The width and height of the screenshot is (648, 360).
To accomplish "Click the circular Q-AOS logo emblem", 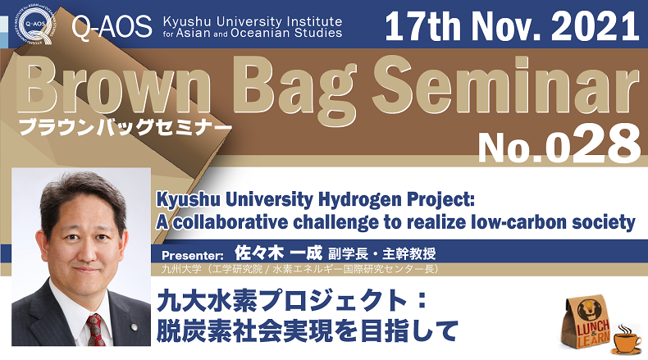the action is [35, 25].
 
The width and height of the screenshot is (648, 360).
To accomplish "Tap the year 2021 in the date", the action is [596, 26].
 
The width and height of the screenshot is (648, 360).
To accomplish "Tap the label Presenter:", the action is [193, 255].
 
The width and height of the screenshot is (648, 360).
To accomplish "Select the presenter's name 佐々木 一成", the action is [278, 253].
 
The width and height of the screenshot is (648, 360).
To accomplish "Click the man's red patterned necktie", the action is [95, 330].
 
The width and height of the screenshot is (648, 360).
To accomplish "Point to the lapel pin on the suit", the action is [134, 328].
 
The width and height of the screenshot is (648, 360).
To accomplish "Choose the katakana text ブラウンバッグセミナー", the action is [125, 127].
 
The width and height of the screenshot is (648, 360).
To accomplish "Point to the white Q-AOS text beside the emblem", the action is [112, 27].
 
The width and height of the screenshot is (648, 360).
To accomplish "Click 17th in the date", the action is [422, 26].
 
